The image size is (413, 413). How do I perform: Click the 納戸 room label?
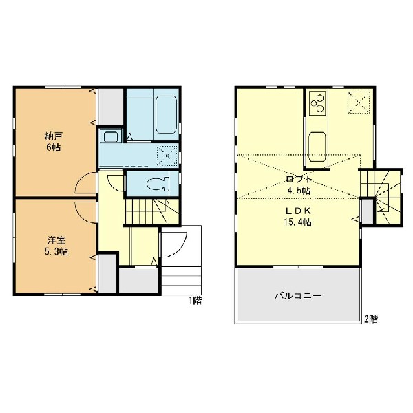tap(54, 136)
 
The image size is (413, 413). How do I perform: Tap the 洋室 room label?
tap(56, 240)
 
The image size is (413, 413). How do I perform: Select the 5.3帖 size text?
tap(56, 252)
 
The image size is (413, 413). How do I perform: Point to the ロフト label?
tap(299, 180)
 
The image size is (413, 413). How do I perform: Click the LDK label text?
tap(299, 211)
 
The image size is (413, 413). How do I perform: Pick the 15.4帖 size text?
tap(298, 222)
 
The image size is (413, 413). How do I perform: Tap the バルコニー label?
tap(298, 295)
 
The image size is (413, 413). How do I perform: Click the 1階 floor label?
tap(195, 301)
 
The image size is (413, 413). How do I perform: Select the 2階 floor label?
tap(371, 319)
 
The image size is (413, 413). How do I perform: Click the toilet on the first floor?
tap(158, 184)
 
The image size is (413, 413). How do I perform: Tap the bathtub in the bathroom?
tap(166, 114)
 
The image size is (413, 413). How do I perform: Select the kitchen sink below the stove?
tap(317, 147)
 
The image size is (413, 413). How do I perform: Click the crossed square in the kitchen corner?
tap(359, 102)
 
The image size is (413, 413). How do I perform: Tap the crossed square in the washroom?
tap(167, 156)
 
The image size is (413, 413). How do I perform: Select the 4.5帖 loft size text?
tap(299, 191)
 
